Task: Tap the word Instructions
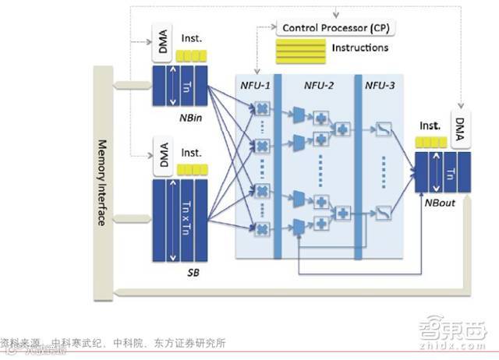pos(361,48)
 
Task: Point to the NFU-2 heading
pos(320,84)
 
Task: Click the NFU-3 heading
pos(380,84)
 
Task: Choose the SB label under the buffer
pos(193,275)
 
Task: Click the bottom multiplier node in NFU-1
pos(263,228)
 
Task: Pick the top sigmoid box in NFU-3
pos(384,129)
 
